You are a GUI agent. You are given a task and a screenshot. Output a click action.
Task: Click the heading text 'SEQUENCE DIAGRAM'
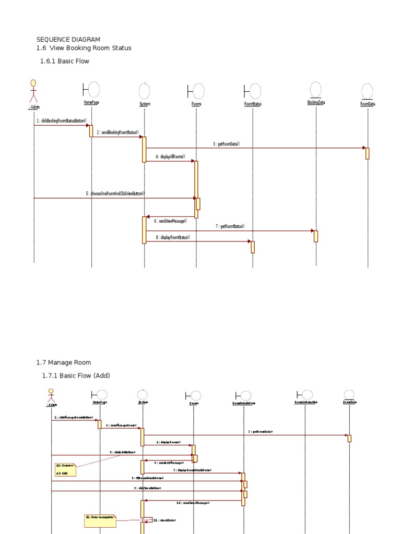coord(68,39)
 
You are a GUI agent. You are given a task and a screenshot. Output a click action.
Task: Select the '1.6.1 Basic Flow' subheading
coord(65,61)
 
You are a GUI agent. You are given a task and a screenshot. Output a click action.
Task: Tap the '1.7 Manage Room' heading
coord(63,362)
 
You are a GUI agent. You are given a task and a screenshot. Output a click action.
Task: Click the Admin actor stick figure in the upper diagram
coord(33,91)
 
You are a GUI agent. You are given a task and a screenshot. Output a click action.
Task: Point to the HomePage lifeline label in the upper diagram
coord(91,103)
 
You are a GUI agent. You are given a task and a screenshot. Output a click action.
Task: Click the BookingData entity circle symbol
coord(315,89)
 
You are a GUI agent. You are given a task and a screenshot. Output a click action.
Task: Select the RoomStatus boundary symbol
coord(252,91)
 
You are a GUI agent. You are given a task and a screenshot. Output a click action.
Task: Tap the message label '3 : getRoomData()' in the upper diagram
coord(226,144)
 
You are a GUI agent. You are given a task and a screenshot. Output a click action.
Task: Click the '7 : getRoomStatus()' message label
coord(230,226)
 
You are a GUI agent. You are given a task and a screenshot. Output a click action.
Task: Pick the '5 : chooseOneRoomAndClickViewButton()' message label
coord(115,193)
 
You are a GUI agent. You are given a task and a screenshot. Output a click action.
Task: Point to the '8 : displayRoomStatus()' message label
coord(172,237)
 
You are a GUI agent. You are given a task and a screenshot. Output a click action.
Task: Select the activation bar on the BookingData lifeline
coord(316,236)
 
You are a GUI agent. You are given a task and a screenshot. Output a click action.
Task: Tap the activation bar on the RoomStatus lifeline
coord(253,247)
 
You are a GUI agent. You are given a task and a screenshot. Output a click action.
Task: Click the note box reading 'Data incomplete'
coord(100,520)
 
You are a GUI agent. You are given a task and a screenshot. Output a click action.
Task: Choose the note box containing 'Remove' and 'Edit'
coord(65,469)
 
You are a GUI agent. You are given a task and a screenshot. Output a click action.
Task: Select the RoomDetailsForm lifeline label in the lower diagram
coord(243,403)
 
